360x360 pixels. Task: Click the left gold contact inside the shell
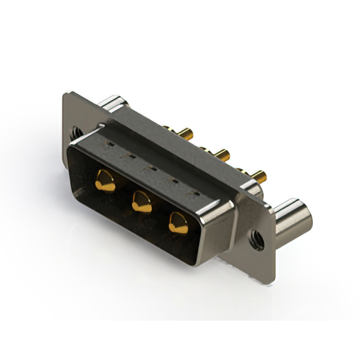[105, 181]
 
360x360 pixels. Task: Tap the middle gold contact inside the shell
[142, 201]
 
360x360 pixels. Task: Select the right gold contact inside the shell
[178, 223]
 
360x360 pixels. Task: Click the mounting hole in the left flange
[76, 133]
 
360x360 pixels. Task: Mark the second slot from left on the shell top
[130, 156]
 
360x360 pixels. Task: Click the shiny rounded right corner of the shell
[219, 214]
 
